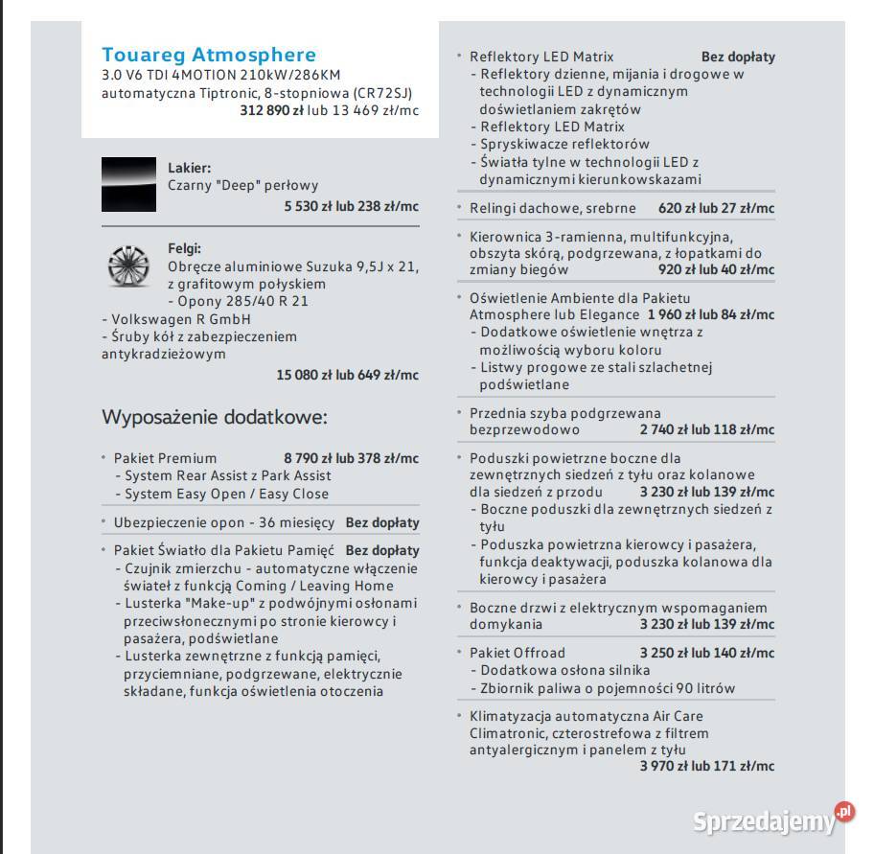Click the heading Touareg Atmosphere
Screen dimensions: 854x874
(x=208, y=55)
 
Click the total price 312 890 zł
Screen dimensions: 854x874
(x=271, y=110)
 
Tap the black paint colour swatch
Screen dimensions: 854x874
(x=128, y=185)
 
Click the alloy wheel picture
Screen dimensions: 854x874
(x=128, y=265)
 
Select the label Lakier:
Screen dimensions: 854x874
(x=189, y=167)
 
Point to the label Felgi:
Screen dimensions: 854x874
(x=184, y=248)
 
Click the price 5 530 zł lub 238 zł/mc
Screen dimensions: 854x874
(x=351, y=206)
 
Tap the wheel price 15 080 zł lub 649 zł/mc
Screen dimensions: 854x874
(x=347, y=375)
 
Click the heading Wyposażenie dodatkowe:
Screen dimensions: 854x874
(x=215, y=418)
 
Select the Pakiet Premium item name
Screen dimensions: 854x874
(x=165, y=458)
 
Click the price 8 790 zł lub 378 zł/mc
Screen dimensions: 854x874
(x=351, y=458)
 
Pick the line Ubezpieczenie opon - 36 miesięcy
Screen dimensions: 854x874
(x=223, y=522)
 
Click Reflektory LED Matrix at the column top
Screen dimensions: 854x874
(x=541, y=57)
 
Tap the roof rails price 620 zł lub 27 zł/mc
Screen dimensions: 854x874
(x=716, y=208)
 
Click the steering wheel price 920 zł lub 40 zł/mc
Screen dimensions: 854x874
(x=716, y=270)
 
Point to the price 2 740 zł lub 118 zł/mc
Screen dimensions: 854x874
(x=707, y=430)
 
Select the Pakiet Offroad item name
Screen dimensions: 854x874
(x=517, y=653)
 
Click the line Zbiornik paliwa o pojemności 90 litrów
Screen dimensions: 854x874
(x=608, y=688)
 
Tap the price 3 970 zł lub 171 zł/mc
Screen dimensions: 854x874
(x=707, y=766)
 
